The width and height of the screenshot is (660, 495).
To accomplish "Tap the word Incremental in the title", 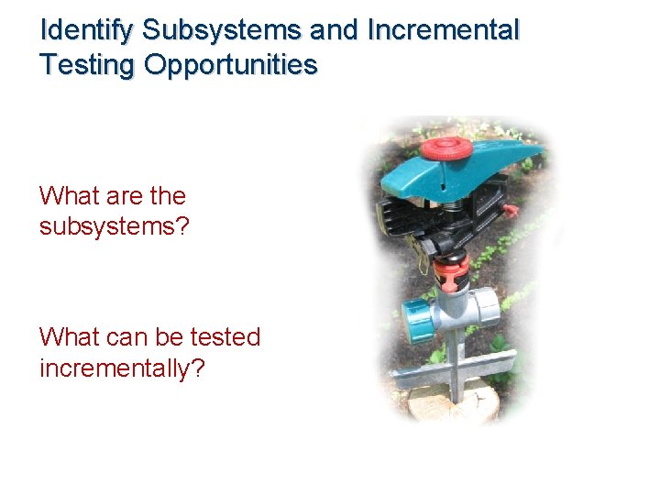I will pyautogui.click(x=443, y=30).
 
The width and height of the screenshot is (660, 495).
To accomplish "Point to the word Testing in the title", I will pyautogui.click(x=87, y=65).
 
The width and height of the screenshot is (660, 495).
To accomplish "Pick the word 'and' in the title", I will pyautogui.click(x=335, y=30).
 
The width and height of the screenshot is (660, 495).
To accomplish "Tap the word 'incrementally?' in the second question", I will pyautogui.click(x=122, y=368).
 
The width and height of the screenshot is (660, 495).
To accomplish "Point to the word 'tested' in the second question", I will pyautogui.click(x=225, y=337).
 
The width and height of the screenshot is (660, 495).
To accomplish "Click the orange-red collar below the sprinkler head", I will pyautogui.click(x=451, y=269).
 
